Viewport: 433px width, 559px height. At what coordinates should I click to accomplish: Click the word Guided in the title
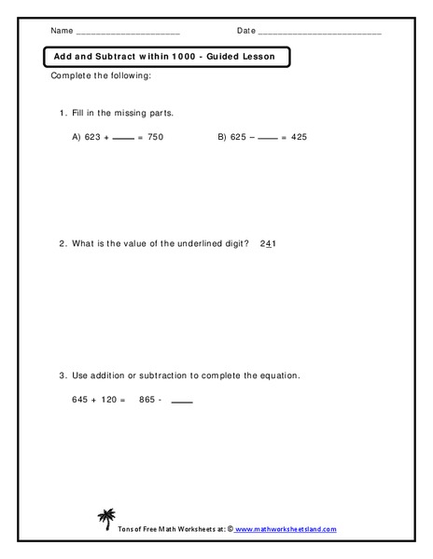(228, 58)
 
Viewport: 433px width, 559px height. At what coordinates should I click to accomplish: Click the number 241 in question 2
(270, 244)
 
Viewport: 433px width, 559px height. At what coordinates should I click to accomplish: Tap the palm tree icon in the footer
(105, 517)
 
